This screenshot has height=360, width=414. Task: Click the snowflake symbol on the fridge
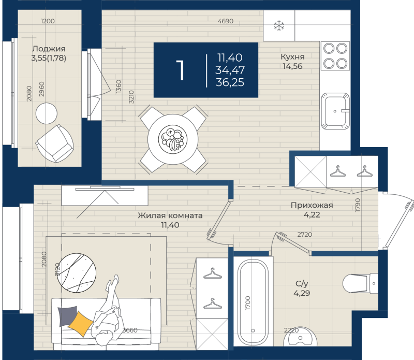click(x=279, y=25)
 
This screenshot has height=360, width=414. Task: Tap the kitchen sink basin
click(x=335, y=111)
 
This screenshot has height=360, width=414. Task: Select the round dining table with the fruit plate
click(x=173, y=139)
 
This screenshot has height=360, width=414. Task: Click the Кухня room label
click(x=292, y=57)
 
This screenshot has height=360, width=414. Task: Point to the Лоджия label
click(x=49, y=49)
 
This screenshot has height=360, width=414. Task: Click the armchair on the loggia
click(x=55, y=144)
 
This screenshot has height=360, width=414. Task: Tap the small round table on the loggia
click(x=47, y=113)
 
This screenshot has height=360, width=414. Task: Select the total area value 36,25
click(x=230, y=82)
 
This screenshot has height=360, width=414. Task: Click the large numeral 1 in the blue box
click(x=180, y=70)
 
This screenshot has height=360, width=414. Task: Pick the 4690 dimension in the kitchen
click(x=226, y=21)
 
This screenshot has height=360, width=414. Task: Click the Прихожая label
click(x=312, y=205)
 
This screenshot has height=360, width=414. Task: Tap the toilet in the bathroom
click(x=360, y=284)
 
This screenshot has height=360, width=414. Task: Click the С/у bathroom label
click(x=302, y=284)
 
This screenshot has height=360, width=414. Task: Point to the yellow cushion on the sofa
click(x=81, y=324)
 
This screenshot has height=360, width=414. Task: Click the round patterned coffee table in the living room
click(x=77, y=273)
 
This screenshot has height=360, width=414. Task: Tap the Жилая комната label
click(x=170, y=215)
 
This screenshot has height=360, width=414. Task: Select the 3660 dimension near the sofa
click(x=130, y=330)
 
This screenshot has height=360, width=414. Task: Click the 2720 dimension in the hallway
click(x=305, y=235)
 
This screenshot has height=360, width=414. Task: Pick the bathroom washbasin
click(x=300, y=337)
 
